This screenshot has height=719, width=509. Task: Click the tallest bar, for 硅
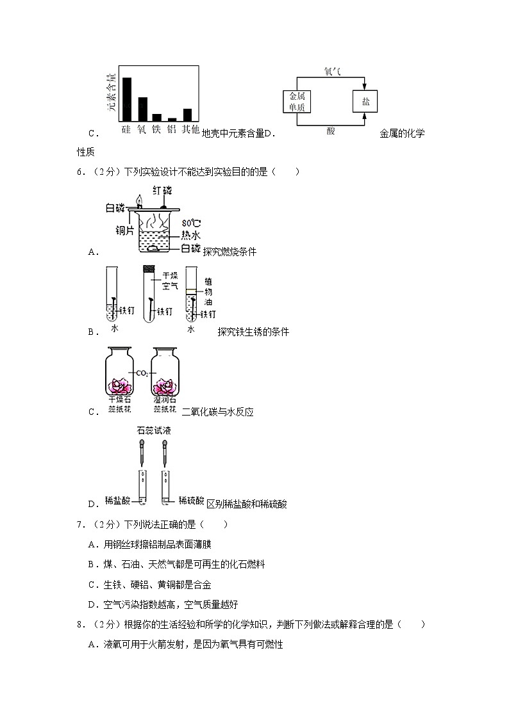[127, 99]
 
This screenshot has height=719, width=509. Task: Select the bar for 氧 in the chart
[142, 109]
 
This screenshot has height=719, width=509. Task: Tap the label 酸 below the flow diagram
[331, 131]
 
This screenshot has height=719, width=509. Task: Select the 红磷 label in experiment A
[162, 191]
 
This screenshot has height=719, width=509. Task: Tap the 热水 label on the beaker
[191, 235]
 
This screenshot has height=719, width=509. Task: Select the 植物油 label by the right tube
[208, 292]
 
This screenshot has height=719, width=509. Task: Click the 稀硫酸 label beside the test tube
[191, 501]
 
